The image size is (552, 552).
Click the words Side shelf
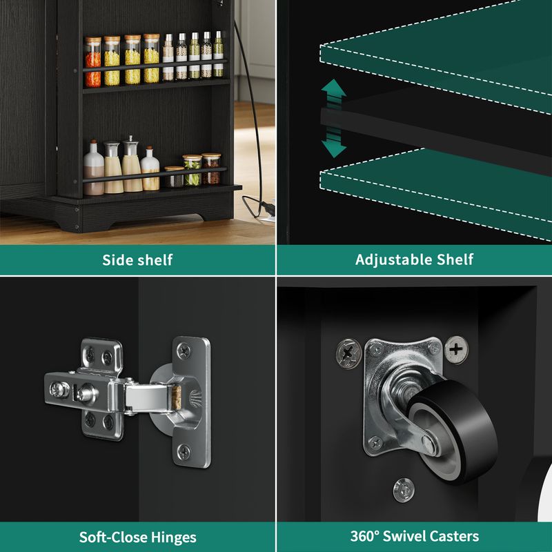click(137, 260)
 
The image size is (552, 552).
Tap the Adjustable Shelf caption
click(414, 260)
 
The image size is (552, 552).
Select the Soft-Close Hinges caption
click(137, 538)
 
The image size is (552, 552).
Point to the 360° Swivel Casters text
click(415, 536)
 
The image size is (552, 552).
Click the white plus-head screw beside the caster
click(456, 350)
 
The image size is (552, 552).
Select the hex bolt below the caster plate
click(404, 490)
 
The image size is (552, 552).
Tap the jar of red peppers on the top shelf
click(93, 62)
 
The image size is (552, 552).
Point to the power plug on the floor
click(267, 208)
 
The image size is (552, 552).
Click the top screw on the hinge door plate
click(184, 351)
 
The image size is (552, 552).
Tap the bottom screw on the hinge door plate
click(184, 451)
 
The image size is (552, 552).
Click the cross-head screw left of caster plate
click(348, 353)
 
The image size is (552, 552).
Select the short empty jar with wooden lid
click(175, 177)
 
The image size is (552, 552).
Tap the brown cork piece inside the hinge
click(177, 397)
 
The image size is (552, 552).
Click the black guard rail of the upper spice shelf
click(155, 66)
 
